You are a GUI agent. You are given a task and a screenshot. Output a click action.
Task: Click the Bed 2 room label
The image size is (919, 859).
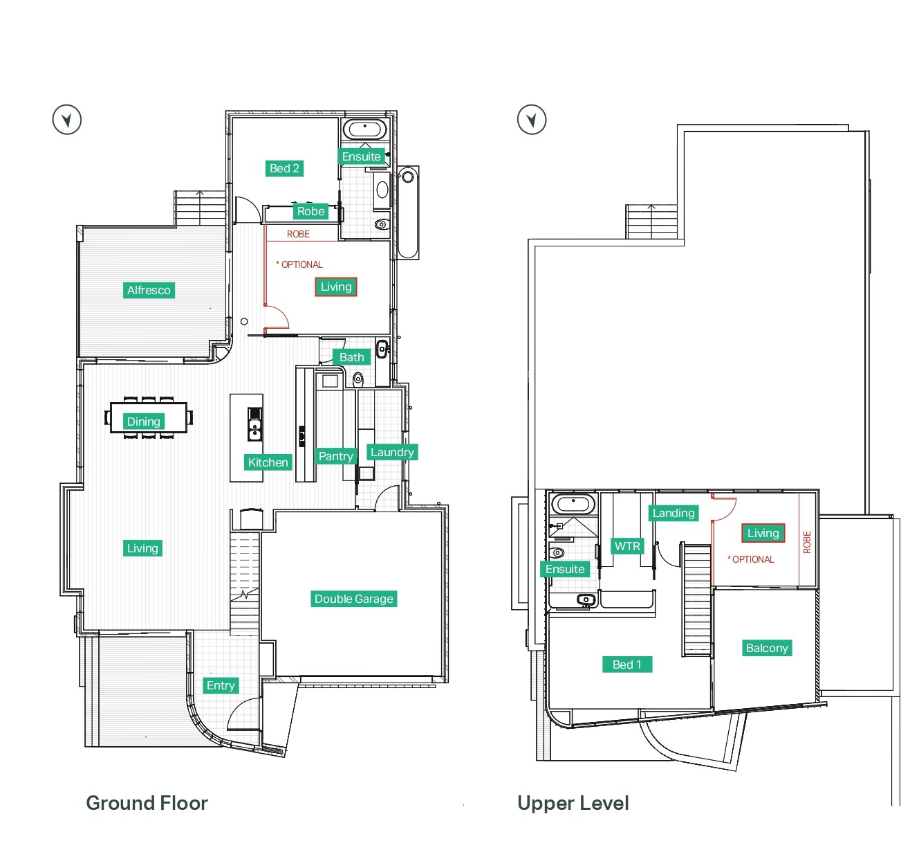[284, 168]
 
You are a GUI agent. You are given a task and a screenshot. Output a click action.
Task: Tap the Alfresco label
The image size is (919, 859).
[149, 290]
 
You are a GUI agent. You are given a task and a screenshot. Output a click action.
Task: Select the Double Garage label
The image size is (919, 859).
[353, 599]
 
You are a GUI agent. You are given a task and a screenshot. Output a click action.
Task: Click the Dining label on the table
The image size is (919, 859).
[143, 421]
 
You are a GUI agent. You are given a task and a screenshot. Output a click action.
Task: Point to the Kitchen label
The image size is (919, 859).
[268, 462]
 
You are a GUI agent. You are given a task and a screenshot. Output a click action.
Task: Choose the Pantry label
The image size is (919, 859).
[336, 456]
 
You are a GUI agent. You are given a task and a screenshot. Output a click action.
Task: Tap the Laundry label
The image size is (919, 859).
[392, 452]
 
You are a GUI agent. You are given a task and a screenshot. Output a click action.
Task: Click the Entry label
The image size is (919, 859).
[221, 685]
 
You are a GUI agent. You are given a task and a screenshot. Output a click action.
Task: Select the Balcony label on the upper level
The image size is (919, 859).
[767, 648]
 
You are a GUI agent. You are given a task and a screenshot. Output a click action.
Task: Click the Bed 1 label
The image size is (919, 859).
[627, 664]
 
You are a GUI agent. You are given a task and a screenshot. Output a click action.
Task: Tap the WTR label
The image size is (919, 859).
[627, 546]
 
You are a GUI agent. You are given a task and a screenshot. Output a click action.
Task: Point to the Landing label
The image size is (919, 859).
[674, 513]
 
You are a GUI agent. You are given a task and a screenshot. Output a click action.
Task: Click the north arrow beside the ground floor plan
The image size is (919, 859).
[66, 120]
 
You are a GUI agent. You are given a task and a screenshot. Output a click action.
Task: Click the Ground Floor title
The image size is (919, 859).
[147, 803]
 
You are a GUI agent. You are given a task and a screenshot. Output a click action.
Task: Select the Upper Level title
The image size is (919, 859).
[573, 803]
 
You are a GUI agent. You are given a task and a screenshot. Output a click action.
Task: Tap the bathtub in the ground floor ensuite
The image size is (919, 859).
[364, 129]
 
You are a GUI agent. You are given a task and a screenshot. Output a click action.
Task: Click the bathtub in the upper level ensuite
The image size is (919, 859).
[573, 504]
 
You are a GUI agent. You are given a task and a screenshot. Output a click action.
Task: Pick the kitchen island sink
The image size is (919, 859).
[254, 429]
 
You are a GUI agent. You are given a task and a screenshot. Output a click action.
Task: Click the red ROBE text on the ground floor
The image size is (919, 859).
[298, 234]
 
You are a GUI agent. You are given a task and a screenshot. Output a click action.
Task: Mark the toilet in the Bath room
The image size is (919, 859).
[358, 379]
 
